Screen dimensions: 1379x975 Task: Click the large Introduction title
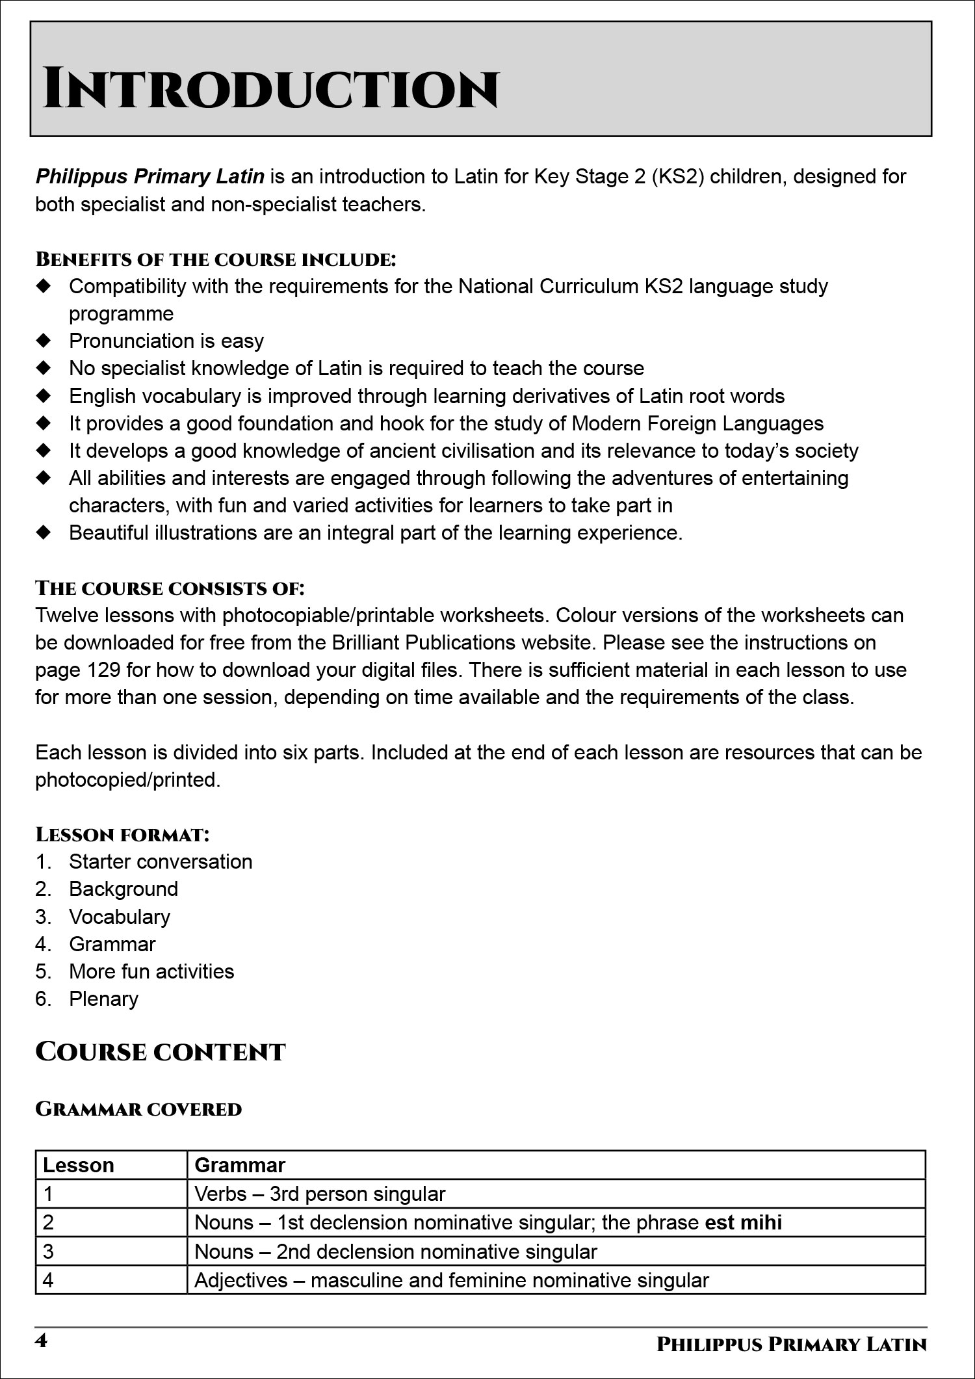(x=270, y=89)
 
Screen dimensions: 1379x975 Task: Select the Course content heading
(x=160, y=1052)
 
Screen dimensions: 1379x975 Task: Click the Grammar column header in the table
(x=240, y=1165)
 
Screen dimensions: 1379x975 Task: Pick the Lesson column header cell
(x=79, y=1165)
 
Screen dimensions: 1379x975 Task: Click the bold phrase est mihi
(x=743, y=1222)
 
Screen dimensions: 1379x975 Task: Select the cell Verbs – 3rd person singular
(x=320, y=1194)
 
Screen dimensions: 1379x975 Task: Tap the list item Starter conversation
(x=161, y=861)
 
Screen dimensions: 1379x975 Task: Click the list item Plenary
(x=103, y=998)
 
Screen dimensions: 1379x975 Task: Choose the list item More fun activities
(x=151, y=971)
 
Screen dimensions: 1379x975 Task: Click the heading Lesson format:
(x=122, y=834)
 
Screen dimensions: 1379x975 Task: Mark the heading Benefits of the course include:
(x=215, y=259)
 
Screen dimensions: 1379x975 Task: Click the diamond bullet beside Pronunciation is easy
(x=44, y=341)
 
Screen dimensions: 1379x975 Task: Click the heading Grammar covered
(x=138, y=1109)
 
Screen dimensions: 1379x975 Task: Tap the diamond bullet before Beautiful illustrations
(x=44, y=532)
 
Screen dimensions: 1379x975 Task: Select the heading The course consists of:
(x=170, y=588)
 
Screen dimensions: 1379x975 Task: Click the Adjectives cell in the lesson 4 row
(x=451, y=1280)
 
